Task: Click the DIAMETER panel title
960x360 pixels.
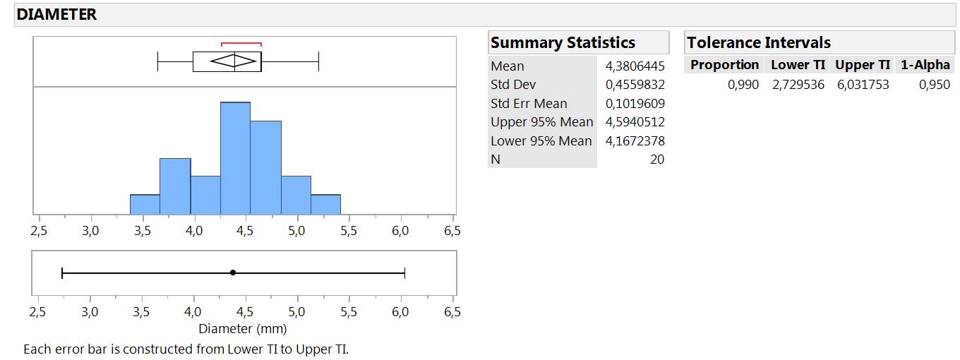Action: coord(56,14)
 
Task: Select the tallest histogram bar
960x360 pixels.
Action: coord(235,158)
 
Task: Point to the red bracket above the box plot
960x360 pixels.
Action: coord(241,44)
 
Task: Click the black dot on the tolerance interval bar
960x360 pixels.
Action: coord(233,272)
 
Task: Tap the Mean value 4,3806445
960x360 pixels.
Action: coord(635,66)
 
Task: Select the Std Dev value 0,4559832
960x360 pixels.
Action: coord(635,85)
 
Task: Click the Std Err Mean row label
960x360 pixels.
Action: coord(529,104)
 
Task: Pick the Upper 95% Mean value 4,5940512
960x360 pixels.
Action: coord(635,122)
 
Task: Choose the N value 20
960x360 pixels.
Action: coord(656,160)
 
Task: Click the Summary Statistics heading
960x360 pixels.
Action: coord(563,42)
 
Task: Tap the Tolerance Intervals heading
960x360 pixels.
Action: coord(759,42)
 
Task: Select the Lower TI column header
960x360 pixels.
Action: coord(798,65)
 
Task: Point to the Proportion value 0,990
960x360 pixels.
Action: coord(743,85)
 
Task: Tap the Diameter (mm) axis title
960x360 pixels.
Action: coord(243,329)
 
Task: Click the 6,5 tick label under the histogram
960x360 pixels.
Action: coord(452,231)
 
